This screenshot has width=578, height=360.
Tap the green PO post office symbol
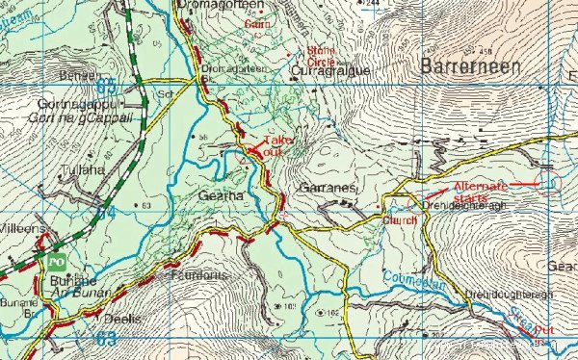pos(55,261)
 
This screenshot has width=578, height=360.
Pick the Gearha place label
pos(245,196)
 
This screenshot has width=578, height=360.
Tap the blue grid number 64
pos(107,211)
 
